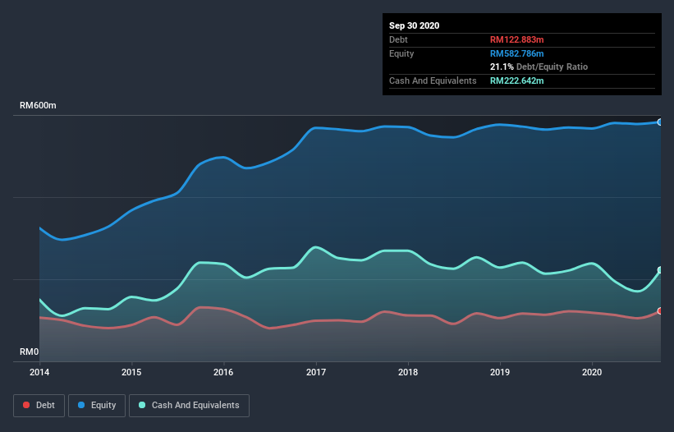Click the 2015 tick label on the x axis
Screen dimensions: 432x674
131,371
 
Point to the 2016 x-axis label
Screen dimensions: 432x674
223,371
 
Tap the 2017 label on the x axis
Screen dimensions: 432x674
316,371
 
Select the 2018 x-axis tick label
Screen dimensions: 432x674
408,371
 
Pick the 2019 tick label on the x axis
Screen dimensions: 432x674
500,371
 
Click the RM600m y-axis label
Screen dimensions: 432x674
39,106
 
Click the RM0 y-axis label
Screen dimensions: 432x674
30,352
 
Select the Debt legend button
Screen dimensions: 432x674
38,405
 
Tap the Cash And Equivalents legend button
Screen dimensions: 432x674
189,405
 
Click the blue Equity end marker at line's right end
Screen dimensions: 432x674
659,122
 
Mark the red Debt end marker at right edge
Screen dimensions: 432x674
659,310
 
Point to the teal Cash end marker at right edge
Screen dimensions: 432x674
659,270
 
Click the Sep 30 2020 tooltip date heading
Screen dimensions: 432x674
415,25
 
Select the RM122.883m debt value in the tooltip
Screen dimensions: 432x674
517,39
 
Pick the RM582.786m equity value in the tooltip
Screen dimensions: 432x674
517,53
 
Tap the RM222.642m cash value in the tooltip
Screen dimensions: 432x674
517,80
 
